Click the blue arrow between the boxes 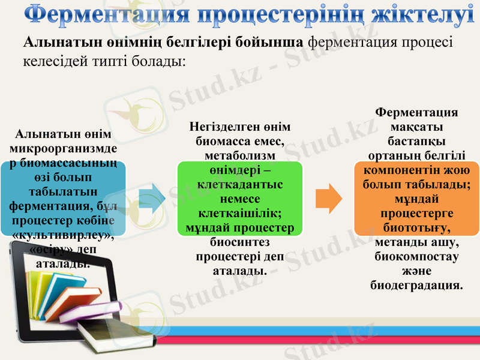[x=152, y=197]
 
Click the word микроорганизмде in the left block [x=64, y=148]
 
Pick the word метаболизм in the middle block [x=239, y=155]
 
